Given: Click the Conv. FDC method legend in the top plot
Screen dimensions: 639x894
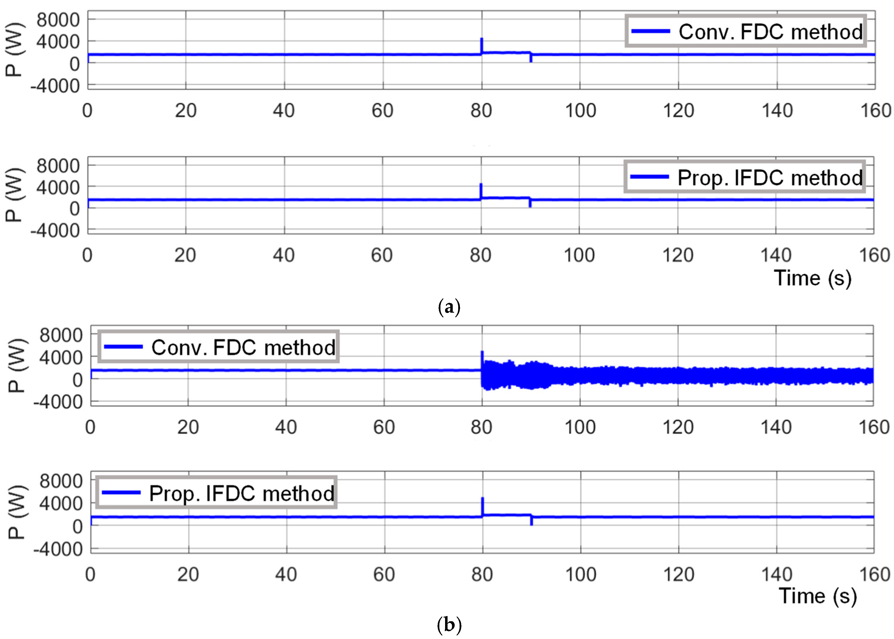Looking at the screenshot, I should (745, 31).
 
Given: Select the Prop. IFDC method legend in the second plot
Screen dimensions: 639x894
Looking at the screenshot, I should (745, 177).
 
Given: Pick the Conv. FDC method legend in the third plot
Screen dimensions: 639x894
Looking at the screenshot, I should (219, 347).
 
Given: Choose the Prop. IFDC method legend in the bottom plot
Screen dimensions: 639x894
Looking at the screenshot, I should (217, 493).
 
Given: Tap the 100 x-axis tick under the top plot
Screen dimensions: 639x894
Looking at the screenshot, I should (580, 111).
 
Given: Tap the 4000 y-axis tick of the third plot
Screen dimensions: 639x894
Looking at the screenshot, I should (61, 358).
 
